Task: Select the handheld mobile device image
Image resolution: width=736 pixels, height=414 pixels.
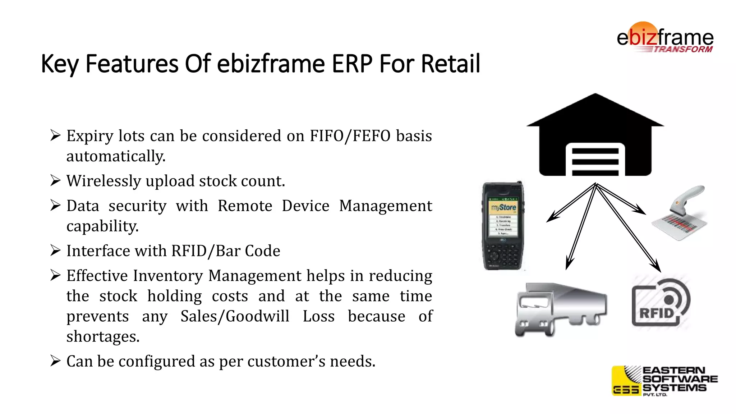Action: click(x=503, y=226)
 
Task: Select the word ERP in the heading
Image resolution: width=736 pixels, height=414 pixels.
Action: click(x=352, y=64)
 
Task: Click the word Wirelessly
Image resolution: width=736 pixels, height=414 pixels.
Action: click(x=103, y=181)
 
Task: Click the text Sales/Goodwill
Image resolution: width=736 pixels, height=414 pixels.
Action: click(x=235, y=316)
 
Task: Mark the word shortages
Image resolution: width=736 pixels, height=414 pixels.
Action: click(x=103, y=337)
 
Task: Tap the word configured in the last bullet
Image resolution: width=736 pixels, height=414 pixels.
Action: click(x=157, y=362)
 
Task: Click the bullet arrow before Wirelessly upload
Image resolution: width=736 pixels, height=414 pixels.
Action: click(x=55, y=180)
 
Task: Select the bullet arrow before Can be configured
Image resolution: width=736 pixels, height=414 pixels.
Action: click(x=55, y=361)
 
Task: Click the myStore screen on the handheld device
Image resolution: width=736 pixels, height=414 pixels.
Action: click(x=503, y=217)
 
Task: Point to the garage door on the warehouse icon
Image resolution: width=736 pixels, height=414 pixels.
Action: click(x=595, y=161)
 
